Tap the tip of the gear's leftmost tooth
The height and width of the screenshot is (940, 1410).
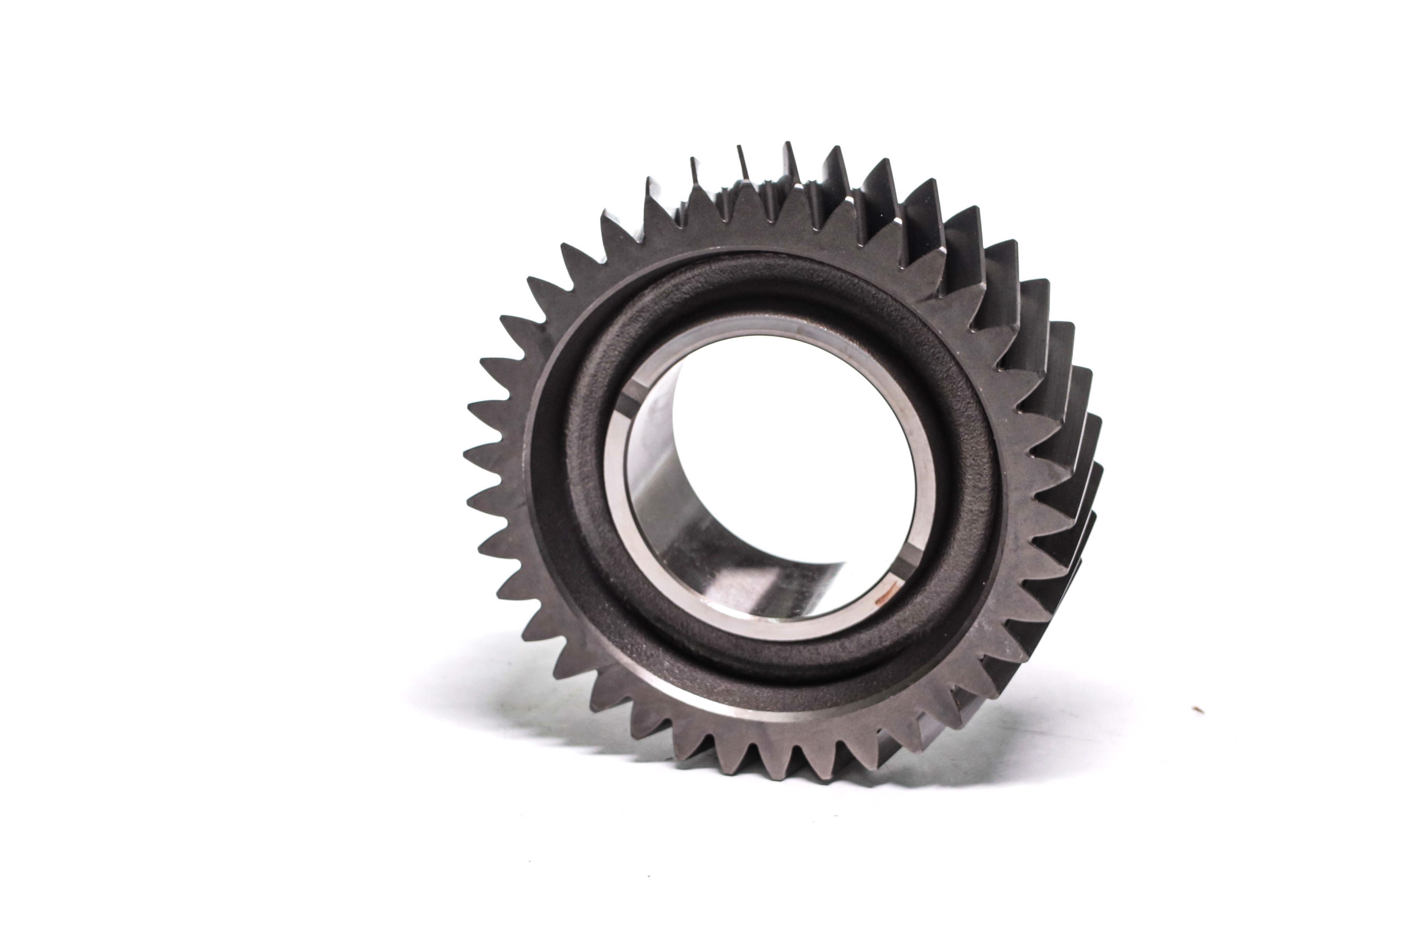pyautogui.click(x=465, y=450)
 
